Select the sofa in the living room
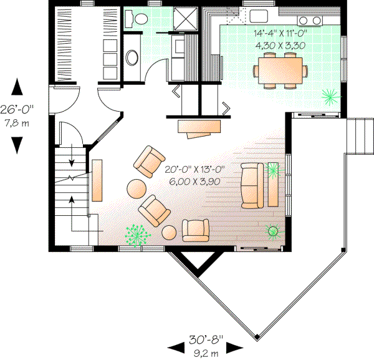point(252,184)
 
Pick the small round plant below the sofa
point(273,232)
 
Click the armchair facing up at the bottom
point(195,230)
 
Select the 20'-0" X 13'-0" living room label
point(194,175)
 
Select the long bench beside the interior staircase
point(97,180)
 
